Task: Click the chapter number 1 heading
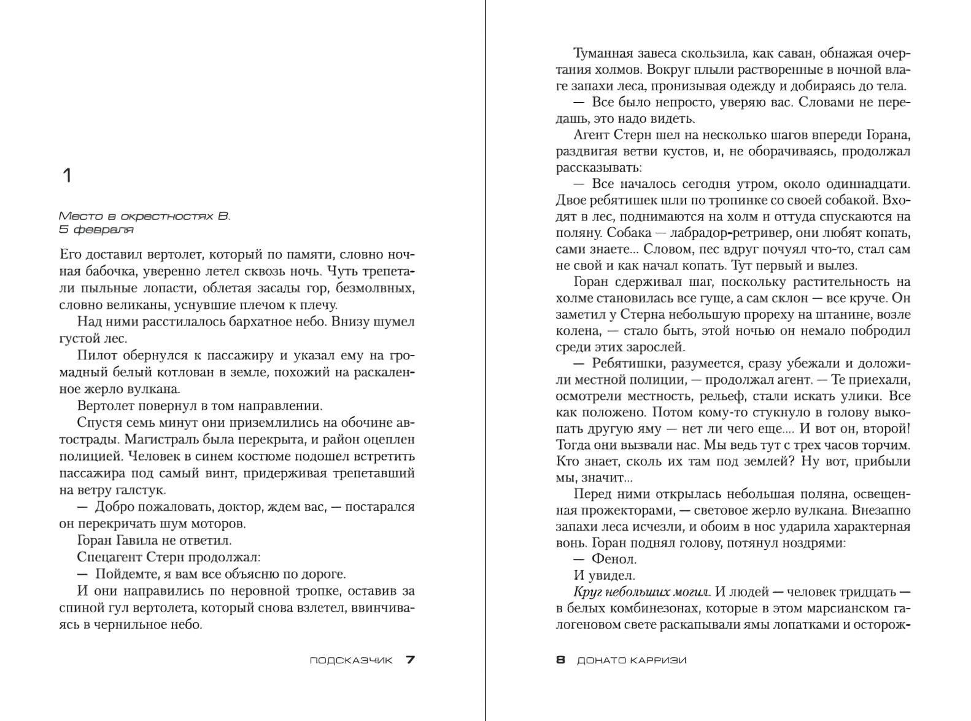68,176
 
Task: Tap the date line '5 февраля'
96,230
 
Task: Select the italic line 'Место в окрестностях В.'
144,216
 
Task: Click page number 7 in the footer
410,660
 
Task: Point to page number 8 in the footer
560,660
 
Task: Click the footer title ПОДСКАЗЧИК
350,661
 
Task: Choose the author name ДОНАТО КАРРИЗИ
632,661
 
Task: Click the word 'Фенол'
614,559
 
